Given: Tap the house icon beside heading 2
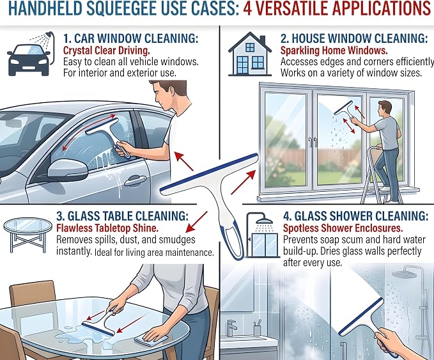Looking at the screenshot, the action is click(250, 54).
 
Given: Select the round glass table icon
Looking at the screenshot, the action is click(27, 235).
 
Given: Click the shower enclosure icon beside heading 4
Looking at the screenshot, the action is click(262, 235).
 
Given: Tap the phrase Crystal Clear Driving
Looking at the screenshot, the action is click(107, 51).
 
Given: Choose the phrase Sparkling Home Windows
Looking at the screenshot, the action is click(334, 51).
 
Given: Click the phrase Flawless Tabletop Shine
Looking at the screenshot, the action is click(107, 228).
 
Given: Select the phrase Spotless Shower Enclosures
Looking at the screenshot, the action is click(343, 228).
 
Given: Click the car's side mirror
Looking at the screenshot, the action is click(68, 169).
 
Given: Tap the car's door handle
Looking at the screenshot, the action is click(135, 181).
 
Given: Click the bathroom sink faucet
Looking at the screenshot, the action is click(231, 328).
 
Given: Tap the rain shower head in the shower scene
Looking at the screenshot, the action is click(403, 274).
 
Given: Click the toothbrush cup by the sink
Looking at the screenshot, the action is click(257, 328).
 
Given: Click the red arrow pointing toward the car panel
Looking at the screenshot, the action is click(184, 161).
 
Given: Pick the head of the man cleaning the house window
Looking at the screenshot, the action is click(385, 108).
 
